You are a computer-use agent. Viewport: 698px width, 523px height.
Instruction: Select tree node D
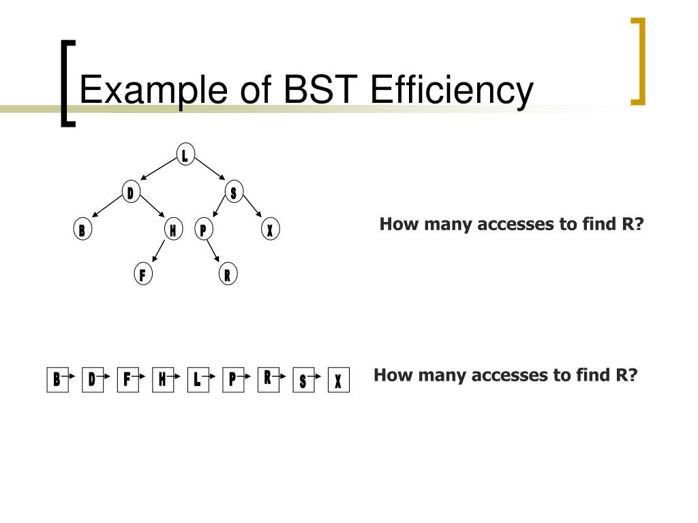click(130, 193)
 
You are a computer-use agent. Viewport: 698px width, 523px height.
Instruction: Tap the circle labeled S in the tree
click(233, 193)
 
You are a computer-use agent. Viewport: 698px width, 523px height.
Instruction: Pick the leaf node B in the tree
click(82, 230)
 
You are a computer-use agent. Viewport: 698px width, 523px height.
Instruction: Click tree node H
click(174, 230)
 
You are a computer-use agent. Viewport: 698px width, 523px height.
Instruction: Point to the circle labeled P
click(202, 230)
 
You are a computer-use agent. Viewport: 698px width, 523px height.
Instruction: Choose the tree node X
click(270, 230)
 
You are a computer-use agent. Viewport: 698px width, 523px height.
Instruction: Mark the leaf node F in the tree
click(142, 275)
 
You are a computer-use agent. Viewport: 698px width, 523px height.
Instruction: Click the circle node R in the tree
click(228, 275)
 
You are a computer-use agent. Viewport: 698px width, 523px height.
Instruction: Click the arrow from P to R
click(213, 251)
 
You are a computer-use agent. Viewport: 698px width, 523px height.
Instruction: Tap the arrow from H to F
click(158, 252)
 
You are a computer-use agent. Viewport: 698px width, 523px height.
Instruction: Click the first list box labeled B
click(57, 379)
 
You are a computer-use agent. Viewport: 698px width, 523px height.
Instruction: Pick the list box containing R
click(268, 377)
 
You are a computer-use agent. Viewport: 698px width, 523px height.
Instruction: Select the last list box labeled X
click(338, 381)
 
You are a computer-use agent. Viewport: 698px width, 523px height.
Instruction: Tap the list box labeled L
click(197, 379)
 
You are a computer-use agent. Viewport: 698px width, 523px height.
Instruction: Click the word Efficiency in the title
click(452, 91)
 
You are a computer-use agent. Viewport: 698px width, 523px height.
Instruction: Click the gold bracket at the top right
click(638, 61)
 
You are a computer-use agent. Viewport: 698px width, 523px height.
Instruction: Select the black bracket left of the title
click(66, 82)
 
